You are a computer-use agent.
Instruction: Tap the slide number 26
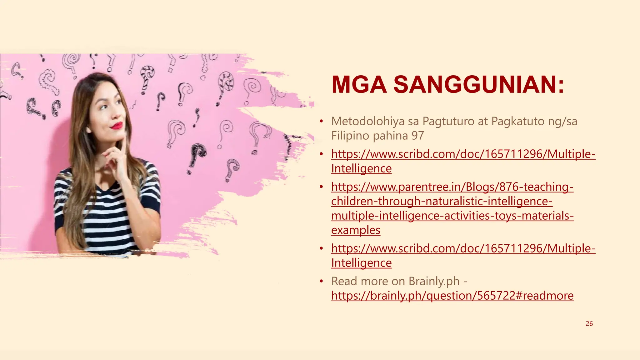pyautogui.click(x=589, y=324)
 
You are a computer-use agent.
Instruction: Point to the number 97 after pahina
pyautogui.click(x=417, y=136)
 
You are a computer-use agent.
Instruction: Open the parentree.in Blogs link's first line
pyautogui.click(x=452, y=187)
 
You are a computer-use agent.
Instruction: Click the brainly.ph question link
pyautogui.click(x=452, y=296)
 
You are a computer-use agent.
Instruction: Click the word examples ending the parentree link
pyautogui.click(x=356, y=230)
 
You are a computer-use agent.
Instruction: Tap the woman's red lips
pyautogui.click(x=117, y=126)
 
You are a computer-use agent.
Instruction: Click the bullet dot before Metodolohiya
pyautogui.click(x=321, y=121)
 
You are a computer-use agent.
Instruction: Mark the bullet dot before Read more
pyautogui.click(x=321, y=281)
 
